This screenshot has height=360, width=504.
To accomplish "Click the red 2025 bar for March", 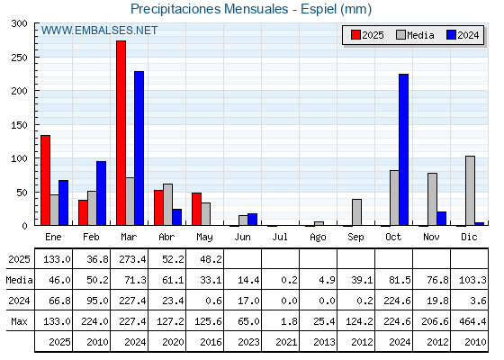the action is [121, 133].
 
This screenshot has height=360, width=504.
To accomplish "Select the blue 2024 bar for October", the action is [404, 149].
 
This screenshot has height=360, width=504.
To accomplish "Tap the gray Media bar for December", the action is [470, 191].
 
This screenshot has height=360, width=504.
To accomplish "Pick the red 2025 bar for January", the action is [45, 180].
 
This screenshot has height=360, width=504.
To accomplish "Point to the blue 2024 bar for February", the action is [101, 193].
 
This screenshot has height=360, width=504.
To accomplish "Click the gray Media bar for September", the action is [356, 212].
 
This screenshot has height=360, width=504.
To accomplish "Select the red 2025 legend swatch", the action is [355, 35].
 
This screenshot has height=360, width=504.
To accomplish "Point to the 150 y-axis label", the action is [20, 125].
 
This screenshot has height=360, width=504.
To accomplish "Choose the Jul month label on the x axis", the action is [280, 237].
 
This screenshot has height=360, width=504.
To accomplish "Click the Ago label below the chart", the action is [318, 238].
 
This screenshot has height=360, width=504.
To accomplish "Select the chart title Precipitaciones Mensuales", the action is [209, 9].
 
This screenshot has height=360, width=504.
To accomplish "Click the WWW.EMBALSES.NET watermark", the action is [99, 31].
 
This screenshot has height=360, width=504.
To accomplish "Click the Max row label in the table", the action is [19, 321].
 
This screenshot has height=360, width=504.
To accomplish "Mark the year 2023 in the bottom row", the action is [248, 342].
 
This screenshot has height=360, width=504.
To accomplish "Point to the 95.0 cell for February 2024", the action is [97, 301].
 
